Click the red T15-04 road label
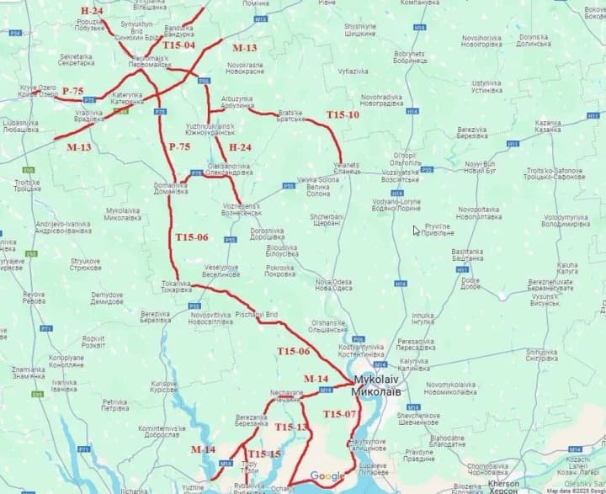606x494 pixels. (x=178, y=45)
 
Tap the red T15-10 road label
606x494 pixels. (x=343, y=114)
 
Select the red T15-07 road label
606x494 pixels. (x=340, y=414)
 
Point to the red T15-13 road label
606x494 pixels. (x=290, y=428)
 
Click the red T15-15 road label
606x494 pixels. (x=263, y=454)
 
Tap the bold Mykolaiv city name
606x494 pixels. (x=378, y=386)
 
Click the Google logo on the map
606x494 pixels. (x=327, y=476)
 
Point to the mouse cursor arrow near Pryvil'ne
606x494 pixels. (x=416, y=230)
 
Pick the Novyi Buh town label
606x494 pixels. (x=481, y=167)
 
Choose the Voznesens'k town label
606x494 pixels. (x=242, y=210)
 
